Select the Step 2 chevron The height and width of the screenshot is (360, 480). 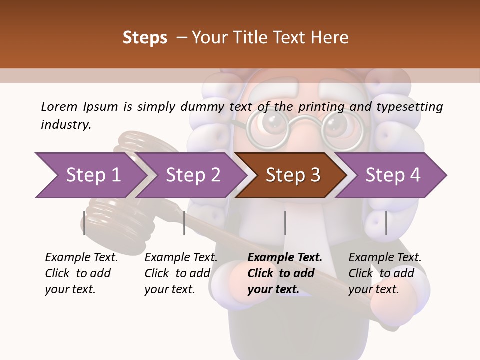click(192, 175)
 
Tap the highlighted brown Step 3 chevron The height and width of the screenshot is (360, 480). click(292, 175)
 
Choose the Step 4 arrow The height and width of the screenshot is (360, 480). click(392, 175)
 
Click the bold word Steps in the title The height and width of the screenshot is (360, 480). click(145, 38)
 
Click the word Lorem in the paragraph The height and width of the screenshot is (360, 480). click(59, 106)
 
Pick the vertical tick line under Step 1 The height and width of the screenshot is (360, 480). click(84, 223)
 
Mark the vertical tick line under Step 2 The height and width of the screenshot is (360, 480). click(184, 223)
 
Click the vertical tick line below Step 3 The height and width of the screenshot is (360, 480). click(285, 223)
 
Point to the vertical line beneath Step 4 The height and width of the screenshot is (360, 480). click(386, 223)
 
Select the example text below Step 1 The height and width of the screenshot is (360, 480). click(81, 273)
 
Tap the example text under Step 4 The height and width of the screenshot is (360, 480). click(384, 273)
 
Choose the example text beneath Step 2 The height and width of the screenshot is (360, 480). click(180, 273)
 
